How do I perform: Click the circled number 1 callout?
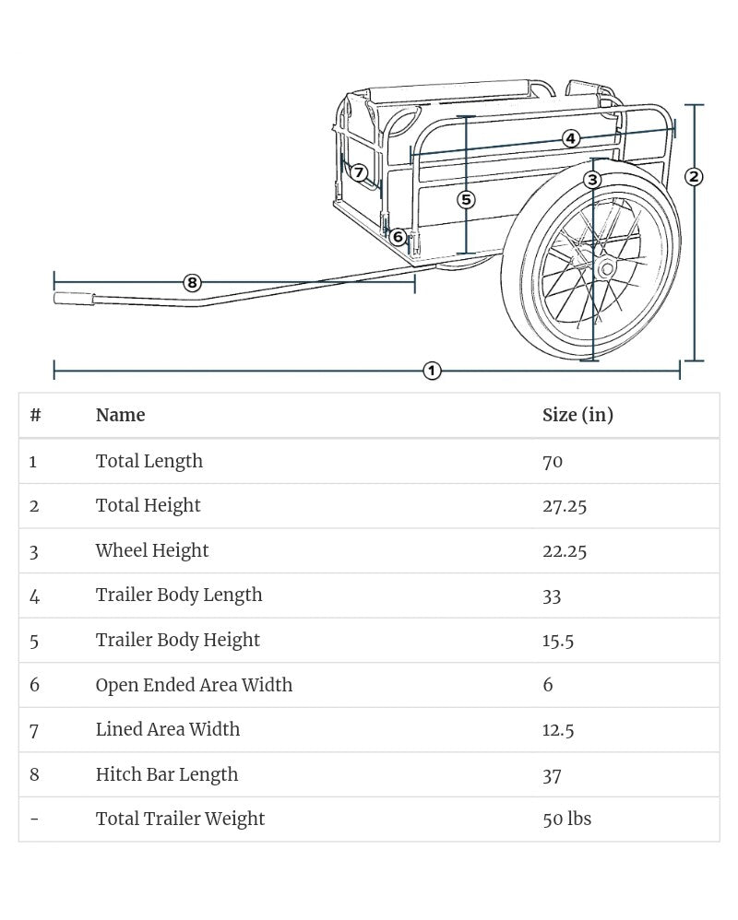click(x=432, y=371)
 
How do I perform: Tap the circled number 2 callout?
click(x=694, y=177)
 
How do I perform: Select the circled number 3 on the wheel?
click(x=593, y=179)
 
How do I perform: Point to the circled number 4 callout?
click(x=571, y=138)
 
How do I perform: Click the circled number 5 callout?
click(x=466, y=199)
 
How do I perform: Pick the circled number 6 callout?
click(x=399, y=237)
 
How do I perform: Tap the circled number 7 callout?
click(x=359, y=172)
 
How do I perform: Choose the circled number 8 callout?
click(x=192, y=282)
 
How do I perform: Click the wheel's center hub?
click(x=606, y=269)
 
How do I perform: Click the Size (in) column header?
click(x=577, y=415)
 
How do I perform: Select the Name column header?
click(x=120, y=415)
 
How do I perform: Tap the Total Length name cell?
click(x=149, y=461)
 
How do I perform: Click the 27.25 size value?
click(x=565, y=505)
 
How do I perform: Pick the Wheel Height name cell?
click(x=152, y=550)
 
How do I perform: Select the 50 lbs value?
click(x=566, y=819)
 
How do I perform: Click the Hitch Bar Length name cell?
click(x=167, y=774)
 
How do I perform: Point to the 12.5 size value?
click(x=558, y=729)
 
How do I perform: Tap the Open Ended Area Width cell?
click(x=194, y=685)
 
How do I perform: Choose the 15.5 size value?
click(x=558, y=640)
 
